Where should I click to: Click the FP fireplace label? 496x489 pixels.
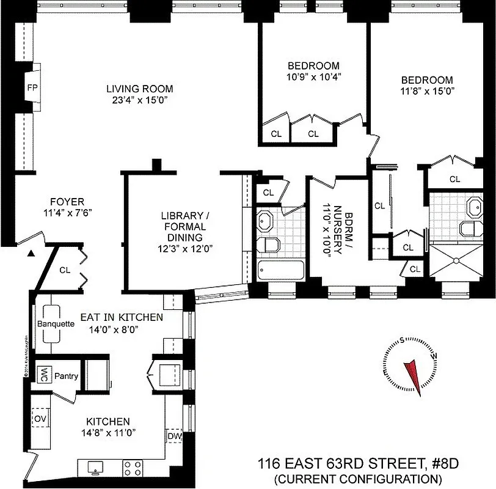click(32, 87)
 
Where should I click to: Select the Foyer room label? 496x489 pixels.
click(67, 202)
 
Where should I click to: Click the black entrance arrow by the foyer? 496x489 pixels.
click(30, 253)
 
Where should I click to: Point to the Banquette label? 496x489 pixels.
click(56, 324)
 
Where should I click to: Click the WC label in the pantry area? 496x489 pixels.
click(43, 375)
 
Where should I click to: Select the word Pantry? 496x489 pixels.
click(66, 375)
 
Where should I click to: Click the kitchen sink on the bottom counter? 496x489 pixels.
click(95, 468)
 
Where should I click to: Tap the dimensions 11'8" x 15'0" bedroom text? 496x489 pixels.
click(427, 91)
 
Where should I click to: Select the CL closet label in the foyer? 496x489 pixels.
click(65, 270)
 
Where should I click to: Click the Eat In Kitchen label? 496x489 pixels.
click(122, 317)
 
